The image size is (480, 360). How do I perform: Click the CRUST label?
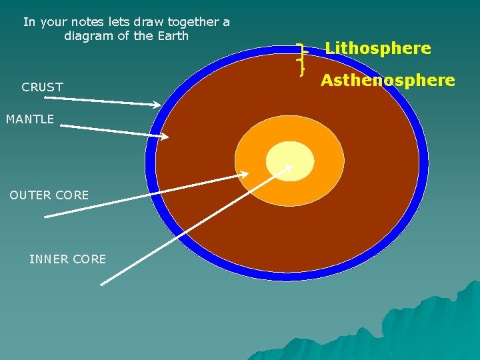[x=42, y=87]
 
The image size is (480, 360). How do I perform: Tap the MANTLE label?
[x=30, y=119]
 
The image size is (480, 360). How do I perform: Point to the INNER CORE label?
[x=67, y=259]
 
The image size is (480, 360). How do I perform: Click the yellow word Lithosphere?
[x=377, y=48]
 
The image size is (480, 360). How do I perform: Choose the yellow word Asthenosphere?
[x=387, y=81]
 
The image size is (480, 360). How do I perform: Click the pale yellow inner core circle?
[x=290, y=161]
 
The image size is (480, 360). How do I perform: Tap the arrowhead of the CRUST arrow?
[x=157, y=105]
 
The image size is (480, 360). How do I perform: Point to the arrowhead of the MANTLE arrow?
[x=166, y=137]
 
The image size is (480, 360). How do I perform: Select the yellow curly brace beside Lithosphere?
[x=301, y=57]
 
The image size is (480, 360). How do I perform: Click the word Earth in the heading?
[x=172, y=36]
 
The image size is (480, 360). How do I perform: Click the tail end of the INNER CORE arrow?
[x=101, y=285]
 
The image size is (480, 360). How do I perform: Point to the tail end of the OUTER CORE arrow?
[x=45, y=216]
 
